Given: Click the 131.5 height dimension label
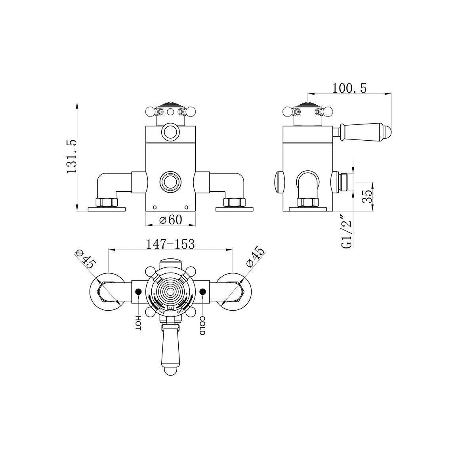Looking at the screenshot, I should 72,157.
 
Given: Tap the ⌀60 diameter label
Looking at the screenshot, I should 170,219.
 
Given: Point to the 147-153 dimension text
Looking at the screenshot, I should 170,244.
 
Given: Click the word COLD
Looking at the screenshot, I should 202,326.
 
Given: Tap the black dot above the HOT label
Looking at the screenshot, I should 138,292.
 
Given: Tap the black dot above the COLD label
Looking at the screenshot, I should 203,292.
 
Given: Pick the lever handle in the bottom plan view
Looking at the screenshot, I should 170,351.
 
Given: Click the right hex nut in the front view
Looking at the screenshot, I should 233,202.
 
